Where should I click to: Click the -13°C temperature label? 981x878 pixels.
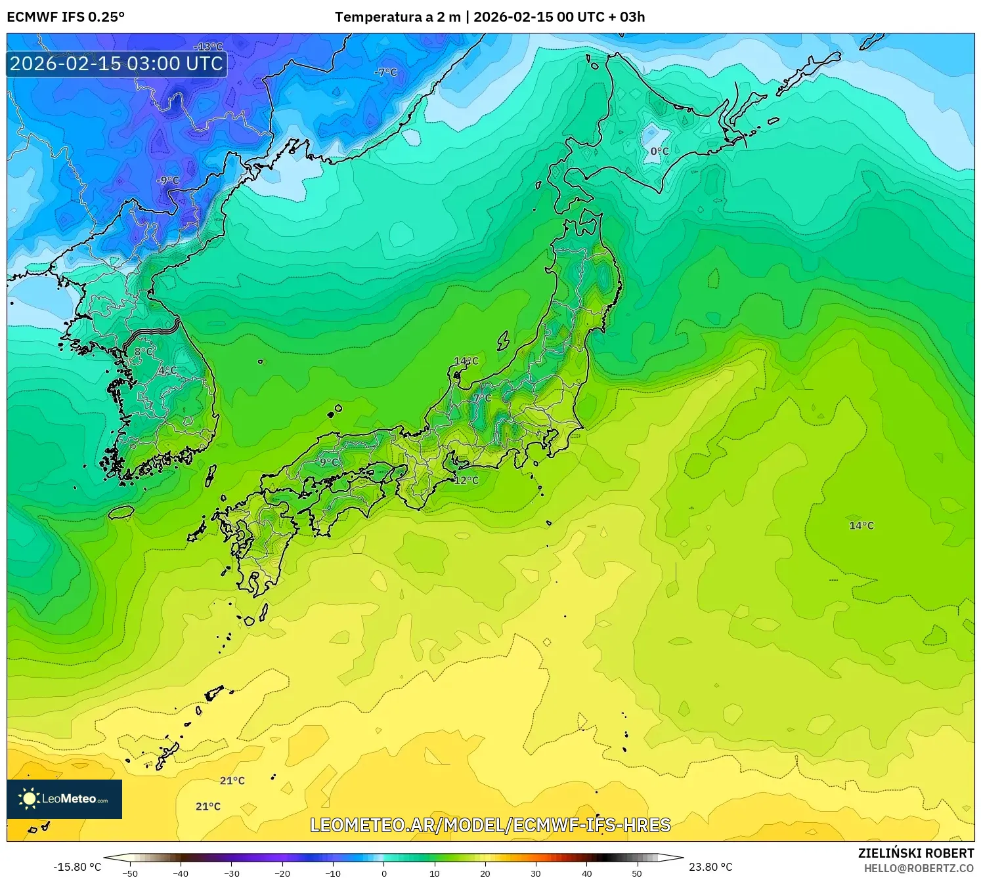click(209, 47)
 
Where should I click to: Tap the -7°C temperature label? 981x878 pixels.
click(386, 72)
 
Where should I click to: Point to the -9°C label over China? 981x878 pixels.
click(167, 180)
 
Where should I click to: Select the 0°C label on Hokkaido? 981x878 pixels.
click(659, 152)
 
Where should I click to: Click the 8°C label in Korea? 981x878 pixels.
click(143, 352)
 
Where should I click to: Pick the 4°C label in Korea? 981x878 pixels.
click(167, 371)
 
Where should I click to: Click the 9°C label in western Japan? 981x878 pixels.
click(329, 462)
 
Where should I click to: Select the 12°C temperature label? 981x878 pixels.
click(466, 480)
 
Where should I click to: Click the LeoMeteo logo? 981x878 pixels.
click(64, 799)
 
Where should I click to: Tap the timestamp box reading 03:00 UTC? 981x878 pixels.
click(116, 64)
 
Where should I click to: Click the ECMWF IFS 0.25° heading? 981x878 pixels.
click(66, 17)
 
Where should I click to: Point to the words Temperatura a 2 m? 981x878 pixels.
click(398, 17)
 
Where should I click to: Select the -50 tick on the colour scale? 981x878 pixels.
click(130, 873)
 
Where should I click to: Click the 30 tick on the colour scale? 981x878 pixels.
click(536, 873)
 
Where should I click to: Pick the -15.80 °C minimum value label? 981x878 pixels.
click(77, 867)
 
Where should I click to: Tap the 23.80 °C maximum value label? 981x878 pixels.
click(710, 867)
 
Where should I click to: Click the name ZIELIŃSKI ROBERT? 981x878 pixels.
click(916, 853)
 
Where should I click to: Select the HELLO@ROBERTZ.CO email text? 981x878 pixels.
click(919, 868)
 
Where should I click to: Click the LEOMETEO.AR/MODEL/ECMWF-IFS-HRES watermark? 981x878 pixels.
click(490, 825)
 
